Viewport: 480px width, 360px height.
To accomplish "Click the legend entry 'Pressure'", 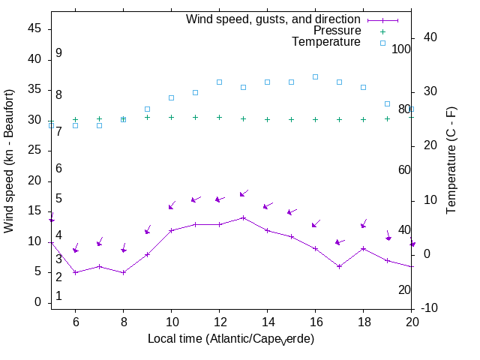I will point(337,31).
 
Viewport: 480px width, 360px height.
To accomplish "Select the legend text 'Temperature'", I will point(326,42).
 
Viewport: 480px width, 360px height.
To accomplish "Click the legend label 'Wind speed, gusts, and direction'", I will point(274,19).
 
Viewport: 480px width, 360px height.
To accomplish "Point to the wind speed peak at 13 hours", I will point(243,217).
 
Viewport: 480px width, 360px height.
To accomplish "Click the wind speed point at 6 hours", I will point(75,272).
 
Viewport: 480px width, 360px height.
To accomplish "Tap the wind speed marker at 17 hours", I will point(339,266).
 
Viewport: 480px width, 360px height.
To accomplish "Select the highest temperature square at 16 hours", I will point(315,76).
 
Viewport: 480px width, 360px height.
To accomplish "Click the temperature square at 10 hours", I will point(171,97).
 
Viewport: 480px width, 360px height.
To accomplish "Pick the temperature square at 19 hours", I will point(387,103).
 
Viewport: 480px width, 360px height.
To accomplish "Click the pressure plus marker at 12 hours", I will point(219,117).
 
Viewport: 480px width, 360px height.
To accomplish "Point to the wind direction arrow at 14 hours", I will point(268,205).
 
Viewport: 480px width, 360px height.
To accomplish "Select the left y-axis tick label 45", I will point(34,28).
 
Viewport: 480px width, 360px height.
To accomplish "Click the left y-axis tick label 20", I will point(34,181).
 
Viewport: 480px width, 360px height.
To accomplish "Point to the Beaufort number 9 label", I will point(58,54).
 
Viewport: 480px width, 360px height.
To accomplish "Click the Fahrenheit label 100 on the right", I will point(401,49).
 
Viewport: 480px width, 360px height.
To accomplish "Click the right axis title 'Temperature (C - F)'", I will point(453,159).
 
